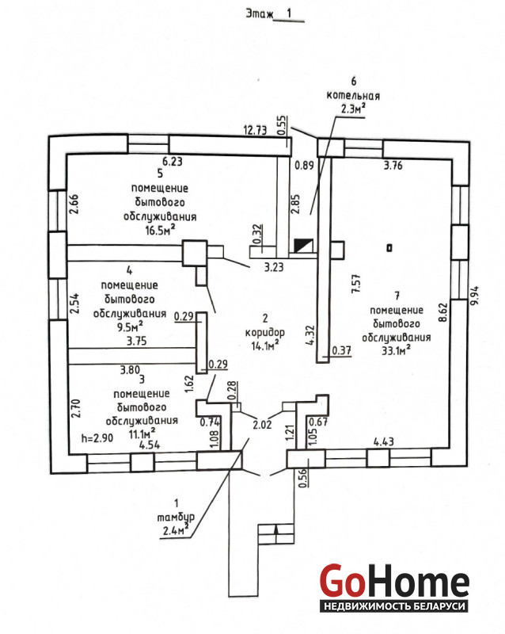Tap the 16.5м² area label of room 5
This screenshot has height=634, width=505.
coord(160,229)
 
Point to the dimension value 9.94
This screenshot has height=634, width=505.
coord(474,296)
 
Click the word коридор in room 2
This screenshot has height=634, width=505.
coord(264,331)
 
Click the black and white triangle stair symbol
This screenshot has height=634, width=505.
coord(303,246)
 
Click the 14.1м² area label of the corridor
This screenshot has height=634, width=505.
coord(264,345)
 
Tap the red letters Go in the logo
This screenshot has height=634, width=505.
coord(343,581)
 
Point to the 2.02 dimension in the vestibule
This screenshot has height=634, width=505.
coord(261,425)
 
